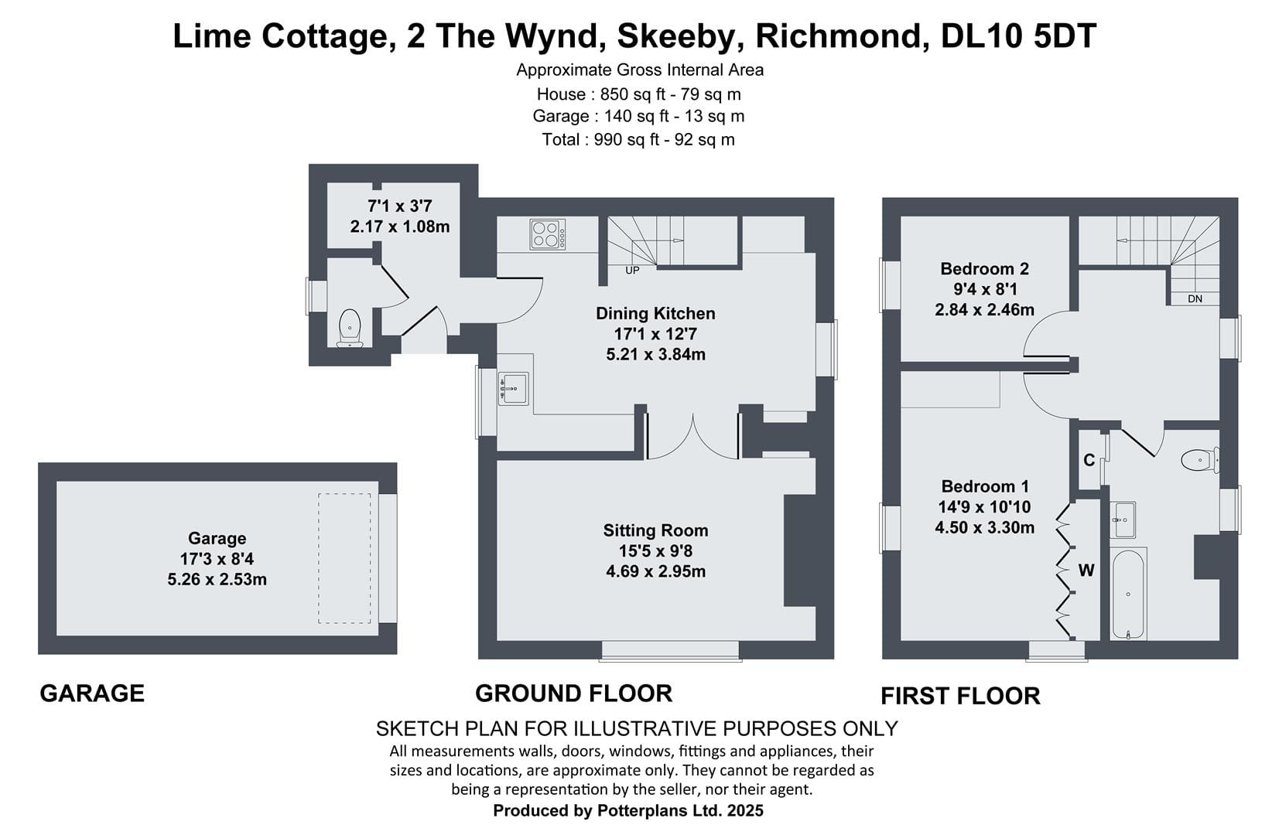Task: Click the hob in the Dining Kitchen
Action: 548,234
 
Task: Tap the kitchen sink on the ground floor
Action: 513,389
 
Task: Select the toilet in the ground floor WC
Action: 350,328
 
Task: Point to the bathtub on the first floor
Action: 1128,594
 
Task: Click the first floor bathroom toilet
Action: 1199,460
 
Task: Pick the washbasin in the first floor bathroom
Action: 1123,520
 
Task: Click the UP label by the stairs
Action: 632,271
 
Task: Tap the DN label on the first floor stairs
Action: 1195,298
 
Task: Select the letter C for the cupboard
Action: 1089,460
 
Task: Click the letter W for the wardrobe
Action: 1086,570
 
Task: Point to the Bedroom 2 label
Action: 985,268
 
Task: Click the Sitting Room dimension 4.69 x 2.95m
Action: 656,571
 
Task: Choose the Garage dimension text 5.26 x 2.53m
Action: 217,580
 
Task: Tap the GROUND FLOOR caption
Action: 573,694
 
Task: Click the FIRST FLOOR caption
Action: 961,696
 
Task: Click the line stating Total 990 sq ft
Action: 638,139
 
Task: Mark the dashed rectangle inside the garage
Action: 344,558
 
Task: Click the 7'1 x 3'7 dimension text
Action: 400,206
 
